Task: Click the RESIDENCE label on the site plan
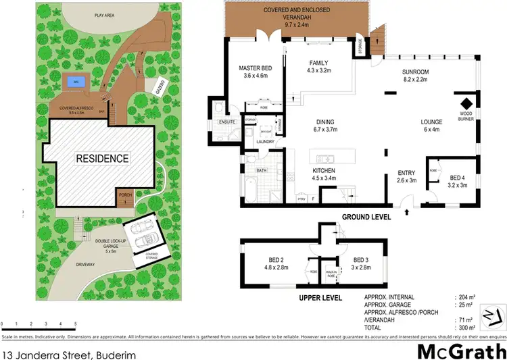pos(102,159)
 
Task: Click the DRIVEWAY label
pos(84,264)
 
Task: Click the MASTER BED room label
pos(256,72)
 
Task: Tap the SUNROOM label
pos(416,74)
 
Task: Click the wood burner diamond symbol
pos(465,105)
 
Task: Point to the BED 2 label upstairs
pos(277,262)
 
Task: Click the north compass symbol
pos(492,313)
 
